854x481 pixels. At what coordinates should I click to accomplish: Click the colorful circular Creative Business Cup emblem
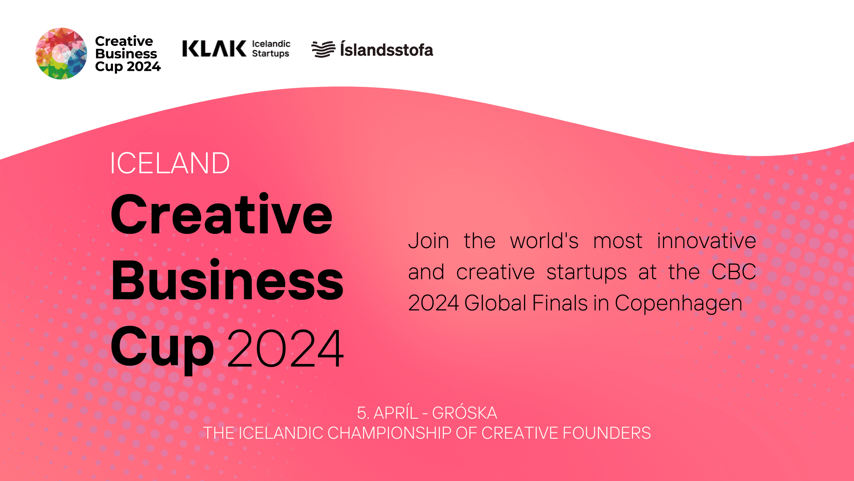coord(61,53)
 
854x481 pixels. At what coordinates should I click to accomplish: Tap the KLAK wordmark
coord(214,49)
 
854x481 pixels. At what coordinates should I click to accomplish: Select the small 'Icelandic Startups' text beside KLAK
coord(271,49)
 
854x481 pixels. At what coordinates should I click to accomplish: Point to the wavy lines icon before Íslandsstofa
coord(323,49)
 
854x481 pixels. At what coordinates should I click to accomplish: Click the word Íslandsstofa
coord(387,49)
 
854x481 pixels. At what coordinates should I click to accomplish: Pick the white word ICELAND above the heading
coord(169,163)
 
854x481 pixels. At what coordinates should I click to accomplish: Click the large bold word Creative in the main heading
coord(222,214)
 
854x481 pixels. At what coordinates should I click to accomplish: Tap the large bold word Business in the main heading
coord(227,280)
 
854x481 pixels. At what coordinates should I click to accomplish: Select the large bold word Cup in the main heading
coord(162,349)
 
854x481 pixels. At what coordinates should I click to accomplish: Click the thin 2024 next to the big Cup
coord(286,348)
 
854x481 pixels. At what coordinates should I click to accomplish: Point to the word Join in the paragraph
coord(428,241)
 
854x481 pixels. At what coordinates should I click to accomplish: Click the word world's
coord(544,241)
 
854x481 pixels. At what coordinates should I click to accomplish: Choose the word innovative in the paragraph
coord(706,241)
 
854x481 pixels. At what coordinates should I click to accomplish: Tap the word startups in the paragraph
coord(586,273)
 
